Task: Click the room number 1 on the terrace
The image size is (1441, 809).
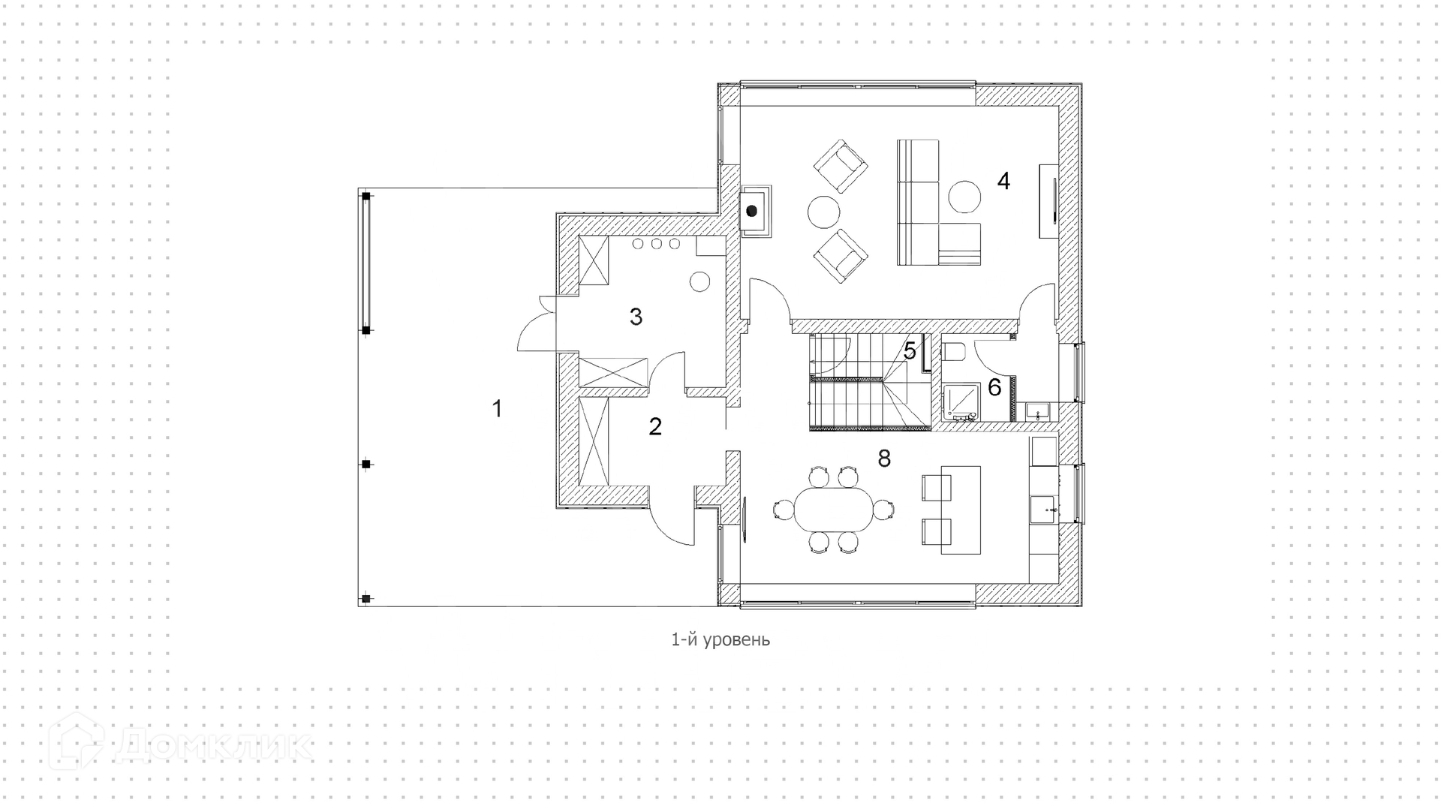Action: tap(496, 409)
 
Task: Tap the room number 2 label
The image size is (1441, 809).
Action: tap(655, 426)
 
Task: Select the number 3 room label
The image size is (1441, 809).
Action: tap(636, 317)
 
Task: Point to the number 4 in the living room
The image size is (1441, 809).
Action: tap(1003, 181)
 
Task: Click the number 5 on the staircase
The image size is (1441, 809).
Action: tap(910, 350)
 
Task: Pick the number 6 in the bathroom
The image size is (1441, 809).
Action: tap(994, 387)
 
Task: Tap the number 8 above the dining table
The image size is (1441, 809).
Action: tap(884, 459)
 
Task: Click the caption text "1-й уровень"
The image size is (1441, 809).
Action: tap(720, 639)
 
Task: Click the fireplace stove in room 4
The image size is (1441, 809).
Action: tap(752, 211)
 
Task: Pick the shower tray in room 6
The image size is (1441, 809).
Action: tap(960, 401)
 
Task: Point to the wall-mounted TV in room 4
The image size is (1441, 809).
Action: tap(1049, 200)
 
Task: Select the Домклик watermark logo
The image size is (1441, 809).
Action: tap(180, 743)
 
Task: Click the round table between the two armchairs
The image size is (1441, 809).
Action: tap(823, 211)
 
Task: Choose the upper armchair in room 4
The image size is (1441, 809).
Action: tap(841, 167)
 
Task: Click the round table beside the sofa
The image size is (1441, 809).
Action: tap(964, 197)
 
